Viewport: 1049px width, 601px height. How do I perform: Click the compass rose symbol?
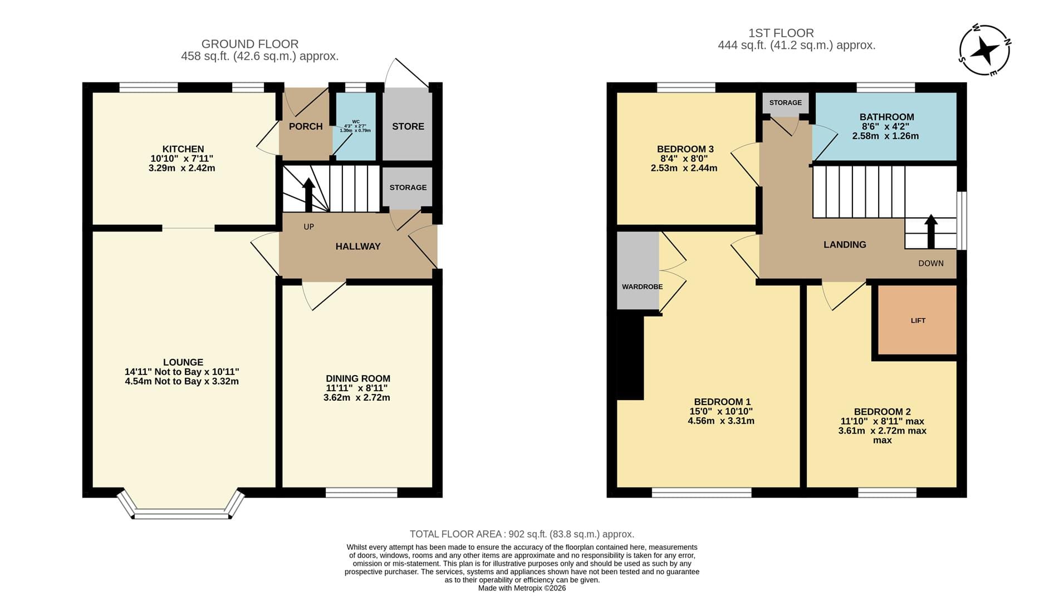(985, 50)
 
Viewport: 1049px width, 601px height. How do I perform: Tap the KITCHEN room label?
(183, 149)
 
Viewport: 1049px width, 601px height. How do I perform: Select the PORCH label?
(306, 126)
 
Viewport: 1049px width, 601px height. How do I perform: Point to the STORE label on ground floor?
(408, 126)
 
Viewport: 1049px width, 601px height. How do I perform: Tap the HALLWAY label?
(358, 247)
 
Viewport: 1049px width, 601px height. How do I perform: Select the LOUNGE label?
(183, 362)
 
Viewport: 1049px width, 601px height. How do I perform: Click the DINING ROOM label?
(358, 378)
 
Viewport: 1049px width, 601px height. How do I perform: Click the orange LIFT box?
(918, 320)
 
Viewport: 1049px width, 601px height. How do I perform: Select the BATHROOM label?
(886, 117)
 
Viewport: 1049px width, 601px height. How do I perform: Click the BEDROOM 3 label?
(685, 149)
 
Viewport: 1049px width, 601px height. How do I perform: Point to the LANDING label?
(845, 244)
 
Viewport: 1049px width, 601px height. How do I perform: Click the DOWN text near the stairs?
(931, 263)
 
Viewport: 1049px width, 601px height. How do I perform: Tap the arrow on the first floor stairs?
(930, 231)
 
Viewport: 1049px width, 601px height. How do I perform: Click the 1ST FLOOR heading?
(781, 33)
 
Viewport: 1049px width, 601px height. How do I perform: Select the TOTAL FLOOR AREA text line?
(522, 534)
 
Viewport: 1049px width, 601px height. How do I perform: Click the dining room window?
(361, 492)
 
